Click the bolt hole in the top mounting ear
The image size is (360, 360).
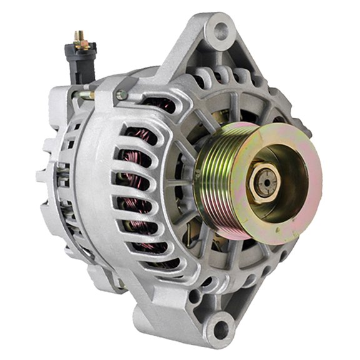pos(220,28)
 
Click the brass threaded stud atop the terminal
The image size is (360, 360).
pos(80,39)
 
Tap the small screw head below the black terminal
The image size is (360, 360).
pos(121,95)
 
